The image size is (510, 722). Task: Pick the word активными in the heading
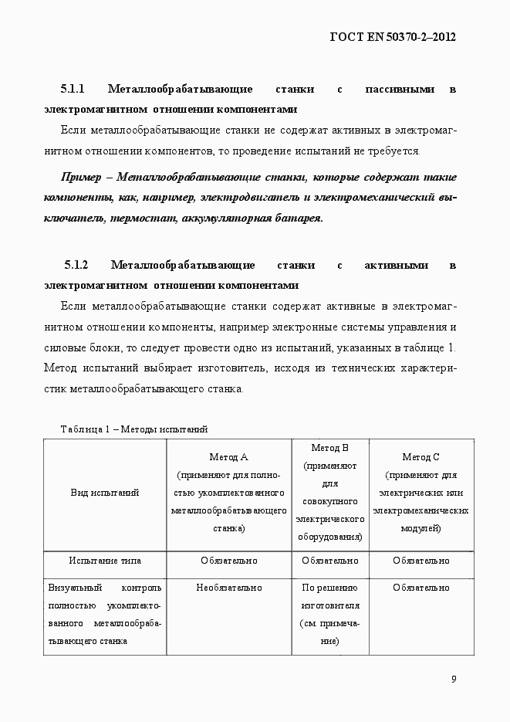(396, 265)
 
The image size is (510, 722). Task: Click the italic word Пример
(80, 177)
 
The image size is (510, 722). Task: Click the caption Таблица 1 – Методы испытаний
(133, 429)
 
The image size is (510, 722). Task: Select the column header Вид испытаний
(105, 493)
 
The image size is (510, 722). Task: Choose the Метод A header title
(228, 457)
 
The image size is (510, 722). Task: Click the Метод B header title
(330, 448)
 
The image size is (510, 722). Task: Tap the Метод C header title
(421, 457)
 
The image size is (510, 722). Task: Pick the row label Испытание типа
(105, 561)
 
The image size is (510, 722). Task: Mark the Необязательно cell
(228, 588)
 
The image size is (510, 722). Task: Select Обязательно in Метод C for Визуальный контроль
(421, 588)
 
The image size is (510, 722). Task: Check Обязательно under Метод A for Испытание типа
(228, 561)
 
